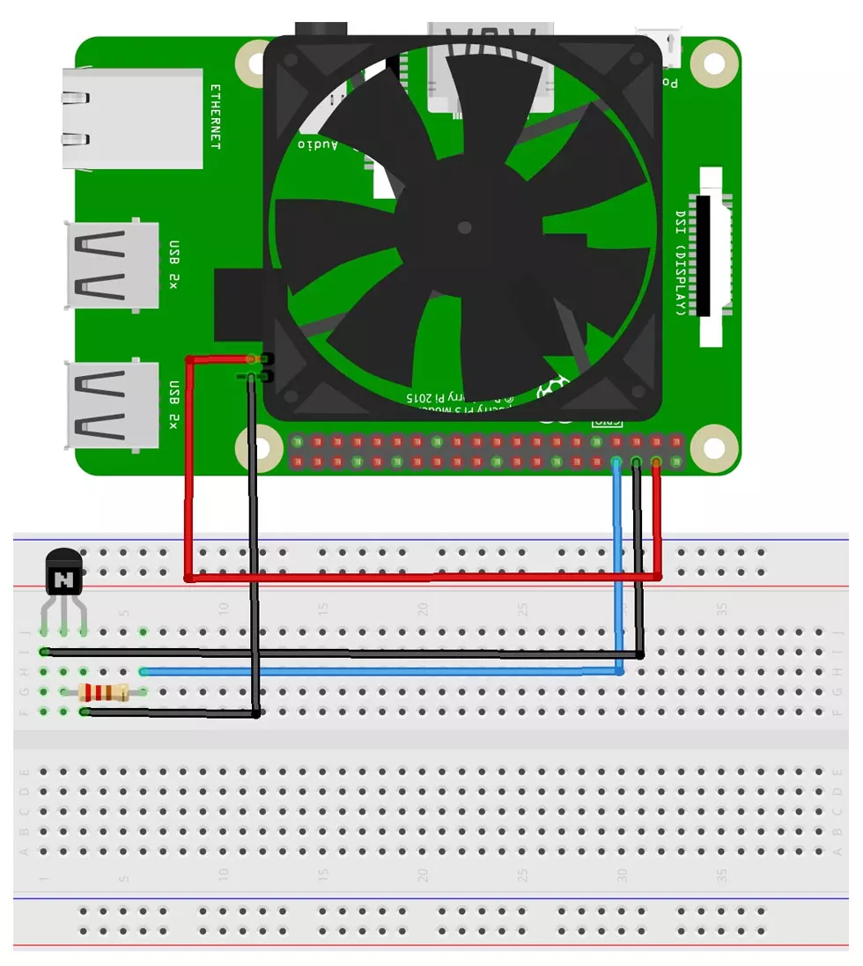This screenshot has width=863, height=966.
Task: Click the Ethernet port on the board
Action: tap(132, 119)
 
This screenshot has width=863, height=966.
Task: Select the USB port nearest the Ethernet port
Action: tap(113, 263)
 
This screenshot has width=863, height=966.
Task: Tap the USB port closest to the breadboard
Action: tap(113, 404)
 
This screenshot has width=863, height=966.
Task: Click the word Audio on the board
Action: tap(317, 144)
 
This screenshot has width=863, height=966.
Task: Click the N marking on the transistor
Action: tap(63, 579)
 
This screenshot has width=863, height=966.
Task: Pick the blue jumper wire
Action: tap(379, 671)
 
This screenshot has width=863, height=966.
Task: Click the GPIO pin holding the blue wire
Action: tap(616, 462)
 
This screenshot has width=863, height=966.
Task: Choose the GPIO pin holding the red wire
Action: tap(656, 462)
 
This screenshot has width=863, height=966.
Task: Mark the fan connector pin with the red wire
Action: tap(252, 358)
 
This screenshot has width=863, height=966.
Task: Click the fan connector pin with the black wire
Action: tap(252, 377)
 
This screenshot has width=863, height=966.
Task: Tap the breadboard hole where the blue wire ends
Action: tap(144, 671)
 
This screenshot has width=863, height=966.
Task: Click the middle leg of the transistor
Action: tap(63, 631)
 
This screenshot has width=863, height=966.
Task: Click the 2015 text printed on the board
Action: tap(424, 398)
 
